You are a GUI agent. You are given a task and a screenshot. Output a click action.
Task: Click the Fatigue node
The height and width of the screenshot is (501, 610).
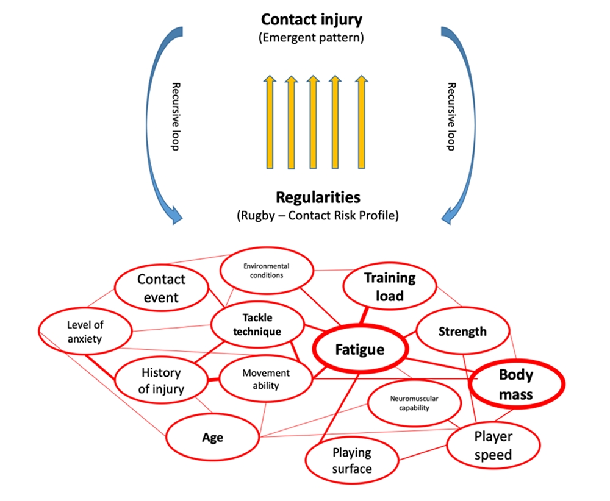[360, 350]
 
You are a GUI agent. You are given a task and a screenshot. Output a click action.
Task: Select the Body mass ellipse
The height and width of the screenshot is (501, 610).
[516, 385]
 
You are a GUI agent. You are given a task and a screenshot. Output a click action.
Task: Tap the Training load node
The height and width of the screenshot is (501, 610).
[390, 286]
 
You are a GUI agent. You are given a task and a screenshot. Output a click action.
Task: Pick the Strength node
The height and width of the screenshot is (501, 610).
[462, 332]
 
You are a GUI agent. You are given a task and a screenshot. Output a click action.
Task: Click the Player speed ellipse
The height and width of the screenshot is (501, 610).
[493, 446]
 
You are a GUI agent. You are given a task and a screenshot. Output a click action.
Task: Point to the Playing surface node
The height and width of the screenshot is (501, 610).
[352, 461]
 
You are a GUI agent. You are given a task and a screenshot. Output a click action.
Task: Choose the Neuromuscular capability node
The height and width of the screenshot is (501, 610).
[414, 403]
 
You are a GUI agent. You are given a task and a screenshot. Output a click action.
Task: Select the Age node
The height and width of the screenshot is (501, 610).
[213, 438]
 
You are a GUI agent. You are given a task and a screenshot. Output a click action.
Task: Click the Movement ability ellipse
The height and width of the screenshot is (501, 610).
[265, 379]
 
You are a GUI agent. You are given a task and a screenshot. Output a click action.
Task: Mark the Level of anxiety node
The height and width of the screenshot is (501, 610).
[85, 332]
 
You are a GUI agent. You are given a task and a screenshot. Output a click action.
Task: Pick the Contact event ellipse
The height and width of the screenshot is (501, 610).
[161, 288]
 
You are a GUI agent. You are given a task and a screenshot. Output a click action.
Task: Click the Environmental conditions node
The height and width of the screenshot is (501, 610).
[266, 271]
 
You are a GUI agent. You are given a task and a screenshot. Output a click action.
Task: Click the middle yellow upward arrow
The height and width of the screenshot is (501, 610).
[312, 121]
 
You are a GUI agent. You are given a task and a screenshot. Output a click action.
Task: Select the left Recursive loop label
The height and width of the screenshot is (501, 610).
[175, 116]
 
